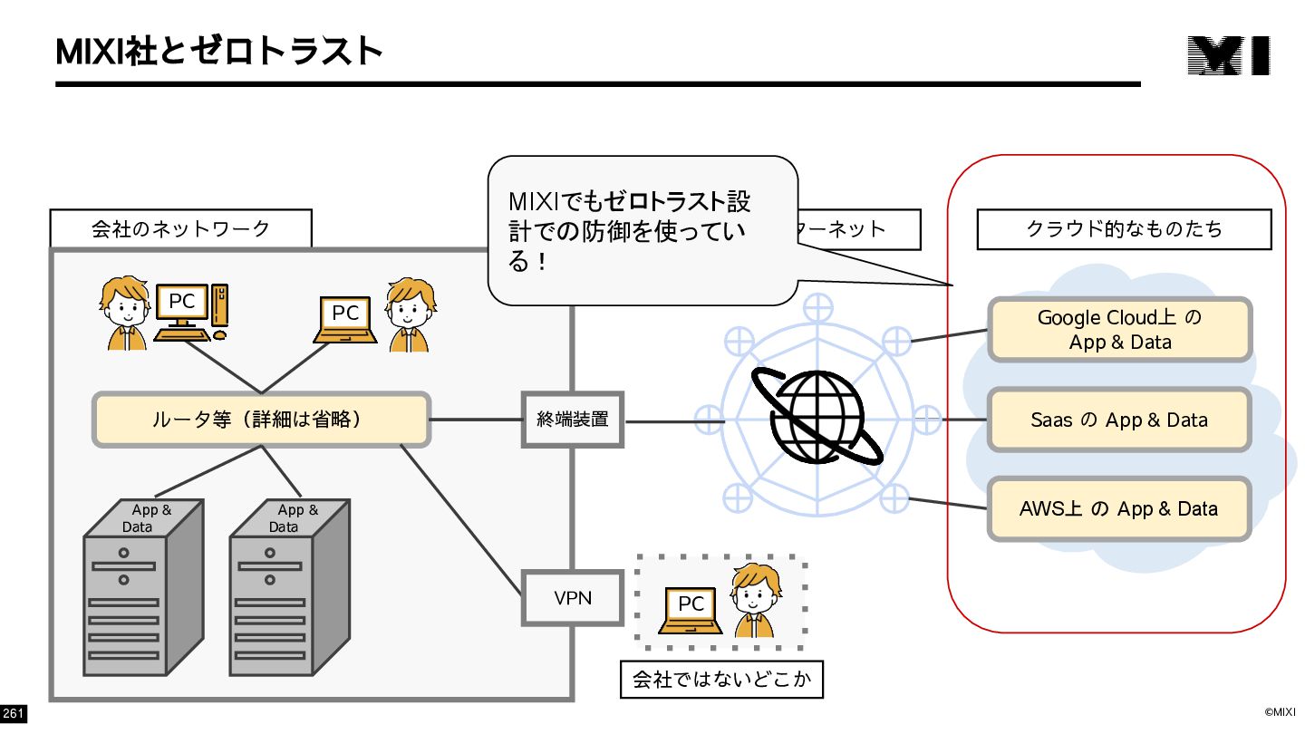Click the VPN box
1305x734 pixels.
[x=572, y=598]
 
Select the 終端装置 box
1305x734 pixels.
[x=572, y=420]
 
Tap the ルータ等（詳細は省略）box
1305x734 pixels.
[x=261, y=420]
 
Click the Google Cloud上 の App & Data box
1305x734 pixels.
[x=1119, y=330]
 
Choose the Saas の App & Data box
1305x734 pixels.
[x=1119, y=420]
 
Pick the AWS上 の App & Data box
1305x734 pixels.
[x=1119, y=508]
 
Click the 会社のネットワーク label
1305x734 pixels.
[x=180, y=228]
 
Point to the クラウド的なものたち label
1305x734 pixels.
[x=1124, y=229]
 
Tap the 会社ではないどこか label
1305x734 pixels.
[x=721, y=680]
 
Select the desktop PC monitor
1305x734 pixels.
[x=182, y=302]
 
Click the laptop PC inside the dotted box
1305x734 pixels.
[x=691, y=611]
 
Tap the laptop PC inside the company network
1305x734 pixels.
[x=345, y=320]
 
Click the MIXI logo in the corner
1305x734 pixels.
[x=1229, y=55]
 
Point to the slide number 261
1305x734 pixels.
[x=13, y=713]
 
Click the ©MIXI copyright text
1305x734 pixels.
[x=1280, y=712]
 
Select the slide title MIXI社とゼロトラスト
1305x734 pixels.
[x=218, y=52]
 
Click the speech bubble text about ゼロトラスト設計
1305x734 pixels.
[x=629, y=231]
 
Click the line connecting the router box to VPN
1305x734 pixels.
[x=461, y=519]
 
